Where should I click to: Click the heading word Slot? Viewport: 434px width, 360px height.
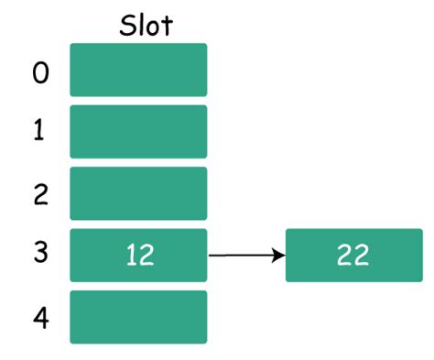146,26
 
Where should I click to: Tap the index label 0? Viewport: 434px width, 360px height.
40,73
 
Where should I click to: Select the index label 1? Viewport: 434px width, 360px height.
38,129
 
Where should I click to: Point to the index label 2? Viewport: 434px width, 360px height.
41,194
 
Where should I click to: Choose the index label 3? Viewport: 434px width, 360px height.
41,252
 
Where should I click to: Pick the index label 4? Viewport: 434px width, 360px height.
41,319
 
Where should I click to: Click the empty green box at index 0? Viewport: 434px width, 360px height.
138,70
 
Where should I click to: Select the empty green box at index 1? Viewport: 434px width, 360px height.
138,132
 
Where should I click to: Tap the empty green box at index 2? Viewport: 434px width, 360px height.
138,193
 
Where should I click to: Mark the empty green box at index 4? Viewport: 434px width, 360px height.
138,317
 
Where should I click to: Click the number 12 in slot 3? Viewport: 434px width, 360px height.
140,255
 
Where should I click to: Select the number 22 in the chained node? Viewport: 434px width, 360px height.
353,255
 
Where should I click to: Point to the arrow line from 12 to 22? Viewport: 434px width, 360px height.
247,255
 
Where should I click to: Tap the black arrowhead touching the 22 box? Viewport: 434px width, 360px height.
278,255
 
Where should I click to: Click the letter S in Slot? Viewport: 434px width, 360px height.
127,26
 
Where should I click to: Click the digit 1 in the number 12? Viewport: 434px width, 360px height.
131,255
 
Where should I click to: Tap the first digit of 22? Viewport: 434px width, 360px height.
344,255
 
